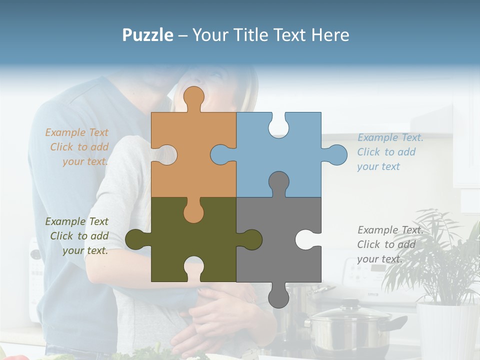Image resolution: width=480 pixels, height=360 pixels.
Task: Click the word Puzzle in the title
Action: click(147, 35)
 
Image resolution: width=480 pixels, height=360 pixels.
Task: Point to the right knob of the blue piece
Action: click(336, 154)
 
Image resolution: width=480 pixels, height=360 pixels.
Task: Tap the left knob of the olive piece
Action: click(136, 239)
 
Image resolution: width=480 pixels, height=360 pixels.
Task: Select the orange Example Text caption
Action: click(77, 147)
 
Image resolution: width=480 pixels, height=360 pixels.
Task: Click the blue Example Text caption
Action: click(390, 152)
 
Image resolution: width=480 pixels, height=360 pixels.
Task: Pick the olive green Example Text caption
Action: click(77, 236)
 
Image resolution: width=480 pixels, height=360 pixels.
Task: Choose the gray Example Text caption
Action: click(390, 244)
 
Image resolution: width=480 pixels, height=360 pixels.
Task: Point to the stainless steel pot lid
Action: click(350, 312)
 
